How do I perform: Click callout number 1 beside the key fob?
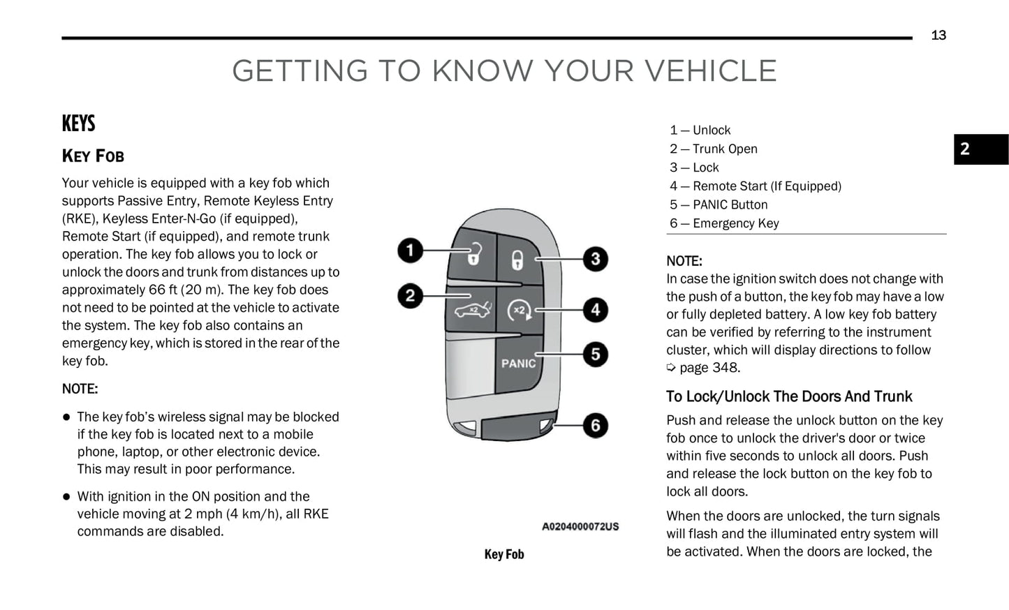411,251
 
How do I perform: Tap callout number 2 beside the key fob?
411,295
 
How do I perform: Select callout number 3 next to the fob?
595,259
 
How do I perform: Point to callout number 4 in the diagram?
595,309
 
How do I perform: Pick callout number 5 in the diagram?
595,354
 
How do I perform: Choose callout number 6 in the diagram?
595,425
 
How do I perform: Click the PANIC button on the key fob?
518,363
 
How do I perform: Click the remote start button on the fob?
519,310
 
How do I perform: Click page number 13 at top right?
938,36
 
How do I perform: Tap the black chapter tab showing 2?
980,149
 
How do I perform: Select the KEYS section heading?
78,124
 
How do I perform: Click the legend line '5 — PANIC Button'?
719,204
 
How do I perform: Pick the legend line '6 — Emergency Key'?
724,223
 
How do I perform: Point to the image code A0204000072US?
580,526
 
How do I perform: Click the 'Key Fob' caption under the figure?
504,554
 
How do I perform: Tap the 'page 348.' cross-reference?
709,368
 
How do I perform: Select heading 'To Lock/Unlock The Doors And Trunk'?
789,396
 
